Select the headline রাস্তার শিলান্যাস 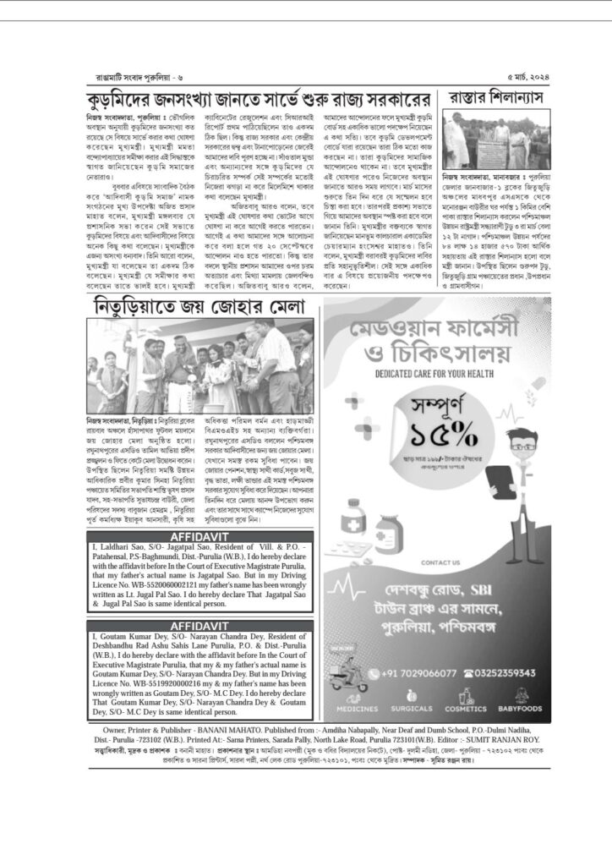pos(496,97)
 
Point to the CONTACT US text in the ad pos(440,562)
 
